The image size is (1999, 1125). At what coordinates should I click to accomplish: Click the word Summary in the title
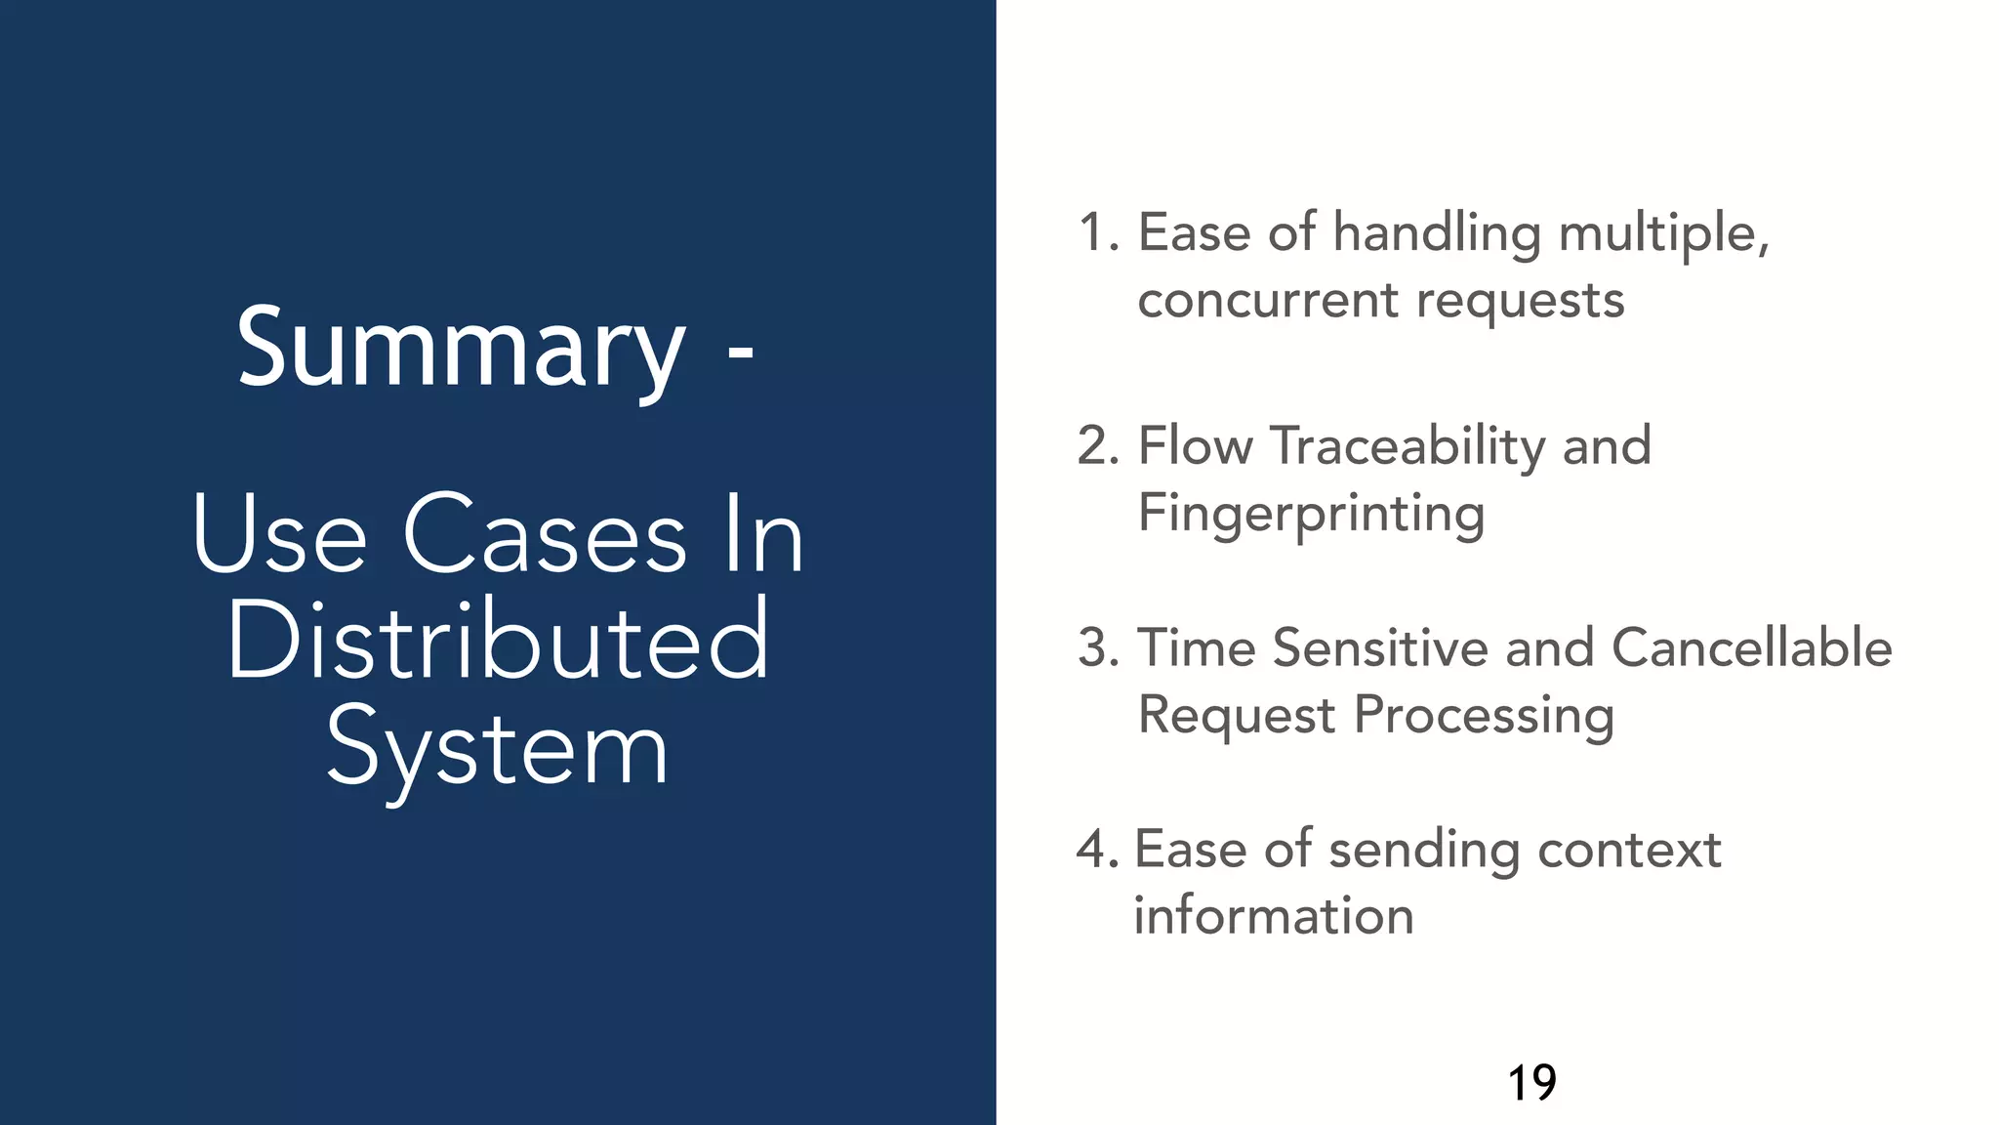point(461,349)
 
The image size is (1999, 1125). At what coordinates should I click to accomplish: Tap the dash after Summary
point(741,354)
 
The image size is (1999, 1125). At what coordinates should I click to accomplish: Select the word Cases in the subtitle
point(545,535)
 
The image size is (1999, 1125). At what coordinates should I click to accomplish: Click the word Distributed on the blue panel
point(499,641)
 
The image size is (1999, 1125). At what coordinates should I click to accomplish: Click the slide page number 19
point(1531,1083)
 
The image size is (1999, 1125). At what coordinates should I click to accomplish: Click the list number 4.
point(1096,850)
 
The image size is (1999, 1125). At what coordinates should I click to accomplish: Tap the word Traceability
point(1407,447)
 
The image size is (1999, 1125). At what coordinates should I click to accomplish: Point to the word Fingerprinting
point(1311,514)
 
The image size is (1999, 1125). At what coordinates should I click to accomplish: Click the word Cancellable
point(1751,648)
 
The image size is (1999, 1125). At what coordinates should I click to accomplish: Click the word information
point(1273,916)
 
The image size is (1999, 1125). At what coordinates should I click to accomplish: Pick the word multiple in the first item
point(1663,234)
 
